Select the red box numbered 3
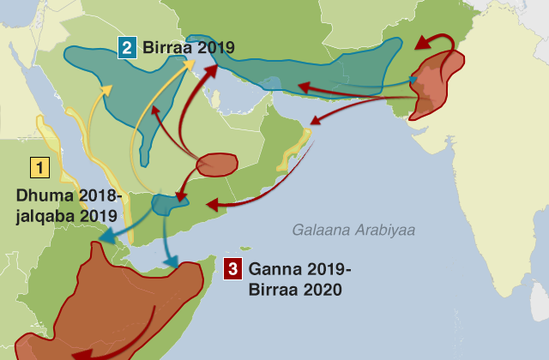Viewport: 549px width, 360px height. pos(232,269)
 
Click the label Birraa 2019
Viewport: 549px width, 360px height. pos(189,47)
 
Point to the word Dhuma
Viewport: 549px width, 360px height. pos(42,195)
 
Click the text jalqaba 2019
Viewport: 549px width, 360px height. pos(67,216)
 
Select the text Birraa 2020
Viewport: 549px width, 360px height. pos(296,290)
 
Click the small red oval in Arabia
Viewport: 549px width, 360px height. pos(218,164)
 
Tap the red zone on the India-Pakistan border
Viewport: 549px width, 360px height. pos(437,81)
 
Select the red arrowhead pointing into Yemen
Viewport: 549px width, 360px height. pos(211,205)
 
